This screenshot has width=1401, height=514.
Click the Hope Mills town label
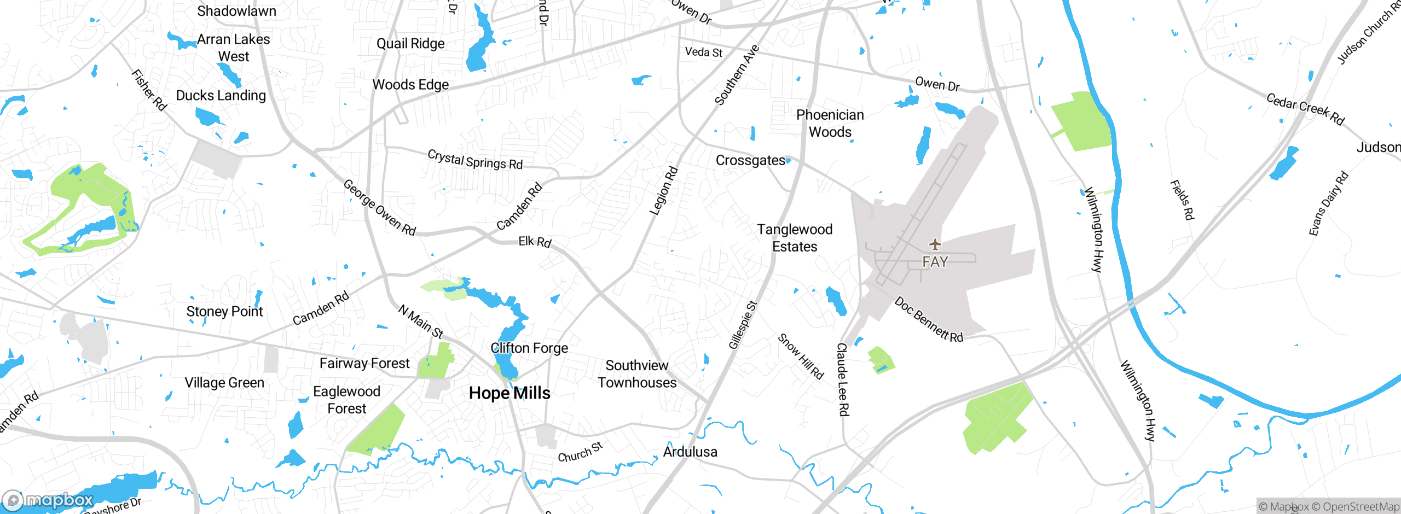pos(510,393)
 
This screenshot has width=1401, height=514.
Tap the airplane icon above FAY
pos(935,244)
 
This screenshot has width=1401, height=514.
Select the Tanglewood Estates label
pos(795,238)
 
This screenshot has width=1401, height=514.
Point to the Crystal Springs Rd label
pos(475,160)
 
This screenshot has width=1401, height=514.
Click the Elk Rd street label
pos(535,241)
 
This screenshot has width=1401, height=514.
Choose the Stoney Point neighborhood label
pos(224,312)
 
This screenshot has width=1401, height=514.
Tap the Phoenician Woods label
pos(830,124)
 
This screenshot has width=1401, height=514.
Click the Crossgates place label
pos(750,160)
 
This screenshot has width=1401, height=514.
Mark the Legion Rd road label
pos(664,191)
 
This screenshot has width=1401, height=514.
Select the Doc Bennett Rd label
pos(928,320)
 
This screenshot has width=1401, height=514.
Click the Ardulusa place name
pos(690,452)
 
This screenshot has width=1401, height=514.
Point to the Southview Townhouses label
pos(637,374)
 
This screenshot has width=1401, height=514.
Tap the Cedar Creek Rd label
pos(1305,108)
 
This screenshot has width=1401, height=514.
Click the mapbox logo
pos(48,500)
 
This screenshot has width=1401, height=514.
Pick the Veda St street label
pos(704,52)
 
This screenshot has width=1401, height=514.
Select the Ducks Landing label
pos(221,96)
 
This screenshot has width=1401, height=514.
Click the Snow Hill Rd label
pos(801,357)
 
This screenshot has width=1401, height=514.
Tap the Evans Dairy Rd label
pos(1328,204)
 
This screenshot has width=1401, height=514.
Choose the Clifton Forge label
pos(529,348)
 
